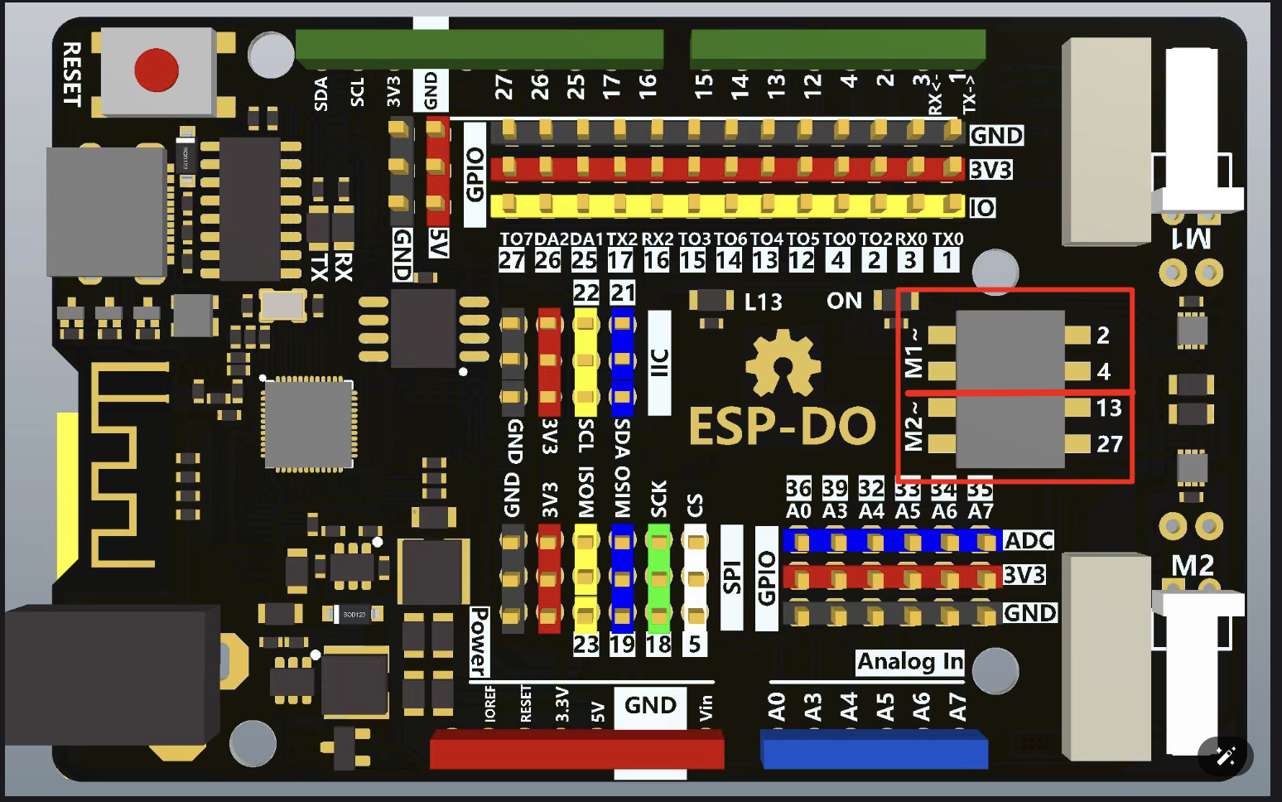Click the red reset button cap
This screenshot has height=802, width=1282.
tap(156, 70)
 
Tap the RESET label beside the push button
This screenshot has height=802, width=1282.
tap(72, 75)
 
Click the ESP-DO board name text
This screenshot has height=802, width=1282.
tap(782, 427)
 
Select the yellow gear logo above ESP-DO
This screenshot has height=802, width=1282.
tap(783, 364)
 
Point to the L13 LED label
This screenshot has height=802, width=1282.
tap(763, 302)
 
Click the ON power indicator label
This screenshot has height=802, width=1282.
tap(844, 301)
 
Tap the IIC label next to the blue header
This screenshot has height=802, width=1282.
tap(659, 363)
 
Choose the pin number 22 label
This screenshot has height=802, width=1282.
tap(586, 292)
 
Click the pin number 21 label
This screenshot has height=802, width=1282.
tap(623, 292)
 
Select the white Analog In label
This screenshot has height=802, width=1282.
tap(909, 661)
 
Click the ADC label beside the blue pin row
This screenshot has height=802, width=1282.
tap(1029, 541)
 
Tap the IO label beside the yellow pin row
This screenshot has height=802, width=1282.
tap(982, 208)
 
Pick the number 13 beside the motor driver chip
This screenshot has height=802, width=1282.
tap(1108, 408)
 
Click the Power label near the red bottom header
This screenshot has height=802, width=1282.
tap(479, 641)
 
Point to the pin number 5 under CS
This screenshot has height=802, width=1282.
tap(694, 644)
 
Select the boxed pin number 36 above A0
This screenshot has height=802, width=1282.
tap(798, 488)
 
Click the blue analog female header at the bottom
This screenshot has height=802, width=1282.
tap(874, 749)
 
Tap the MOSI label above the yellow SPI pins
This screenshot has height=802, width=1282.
tap(586, 493)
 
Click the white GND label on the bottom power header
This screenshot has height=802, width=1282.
tap(650, 706)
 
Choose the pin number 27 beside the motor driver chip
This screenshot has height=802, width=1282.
tap(1109, 444)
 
